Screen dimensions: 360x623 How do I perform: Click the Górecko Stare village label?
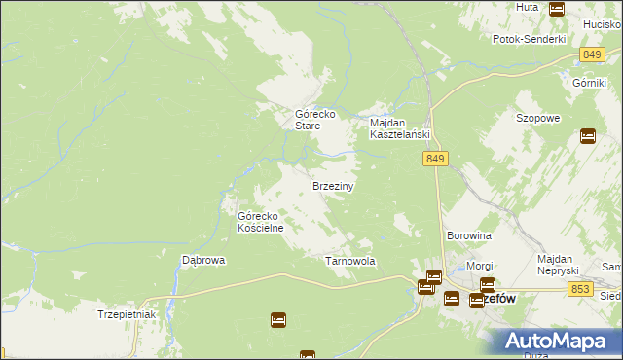point(315,120)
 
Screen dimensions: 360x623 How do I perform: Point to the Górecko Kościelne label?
point(261,222)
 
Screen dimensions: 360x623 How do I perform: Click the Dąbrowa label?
point(203,261)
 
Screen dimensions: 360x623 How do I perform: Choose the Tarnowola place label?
point(349,262)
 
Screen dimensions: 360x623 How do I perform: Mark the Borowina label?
point(468,236)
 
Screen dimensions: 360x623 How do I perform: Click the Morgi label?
point(480,266)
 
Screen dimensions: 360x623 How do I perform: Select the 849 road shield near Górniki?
point(590,56)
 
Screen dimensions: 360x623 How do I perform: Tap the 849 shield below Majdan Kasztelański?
point(435,159)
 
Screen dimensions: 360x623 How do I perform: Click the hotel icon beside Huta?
point(557,9)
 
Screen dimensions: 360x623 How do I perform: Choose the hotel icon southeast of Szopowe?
point(588,136)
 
